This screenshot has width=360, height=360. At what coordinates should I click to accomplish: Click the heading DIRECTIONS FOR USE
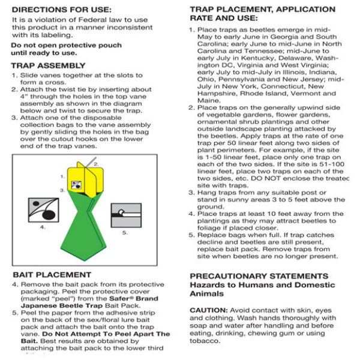click(x=61, y=10)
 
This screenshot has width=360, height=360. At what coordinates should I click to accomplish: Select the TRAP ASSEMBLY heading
click(x=49, y=65)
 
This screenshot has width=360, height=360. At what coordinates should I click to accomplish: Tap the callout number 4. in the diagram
click(x=43, y=227)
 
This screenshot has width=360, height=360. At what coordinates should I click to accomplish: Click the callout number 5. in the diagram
click(x=125, y=232)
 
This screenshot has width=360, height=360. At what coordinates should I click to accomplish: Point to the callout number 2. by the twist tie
click(x=96, y=163)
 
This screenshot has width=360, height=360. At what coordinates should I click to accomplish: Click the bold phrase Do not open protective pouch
click(x=56, y=45)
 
